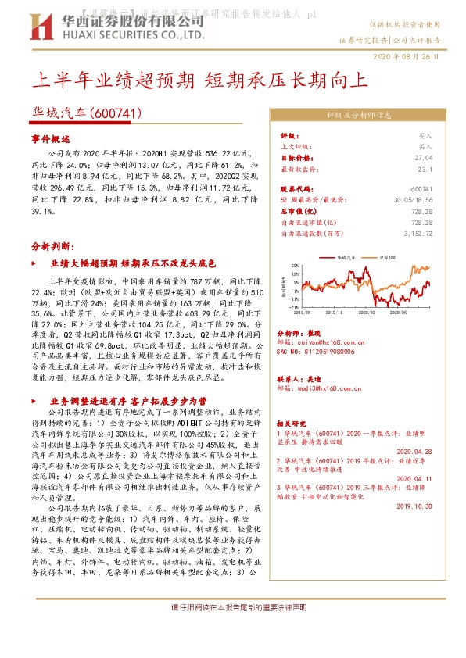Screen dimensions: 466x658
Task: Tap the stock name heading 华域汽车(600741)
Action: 86,113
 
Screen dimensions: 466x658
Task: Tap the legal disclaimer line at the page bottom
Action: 232,607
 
